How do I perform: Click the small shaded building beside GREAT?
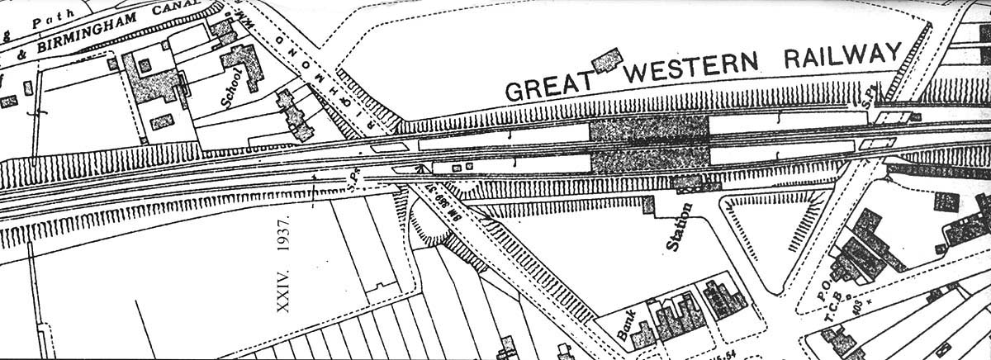coord(608,60)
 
